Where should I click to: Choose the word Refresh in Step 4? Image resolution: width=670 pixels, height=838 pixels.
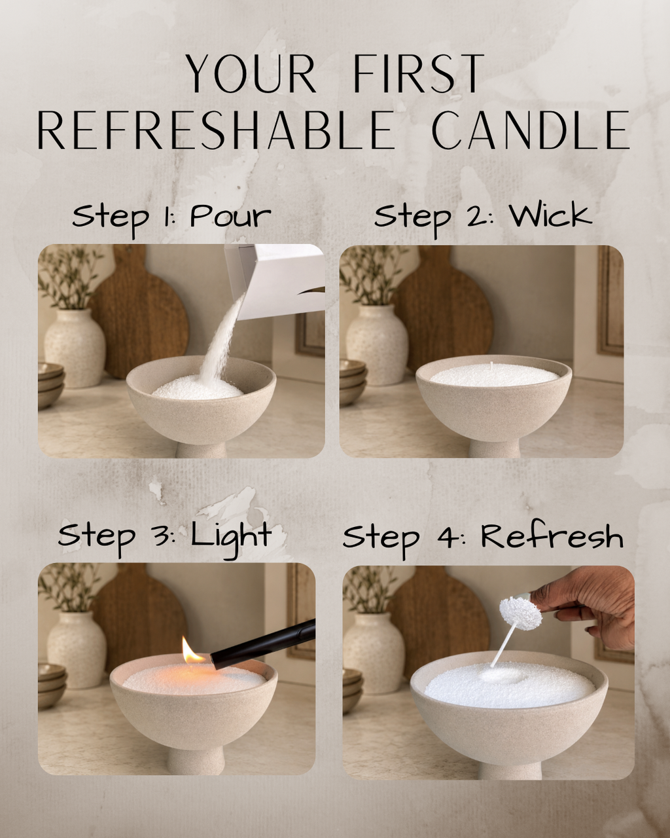[552, 537]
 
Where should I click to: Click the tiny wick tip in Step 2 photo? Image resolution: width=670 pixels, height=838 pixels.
[492, 366]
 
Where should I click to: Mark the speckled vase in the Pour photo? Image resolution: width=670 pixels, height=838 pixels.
[75, 348]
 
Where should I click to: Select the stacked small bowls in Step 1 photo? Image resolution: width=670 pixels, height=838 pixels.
[50, 386]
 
